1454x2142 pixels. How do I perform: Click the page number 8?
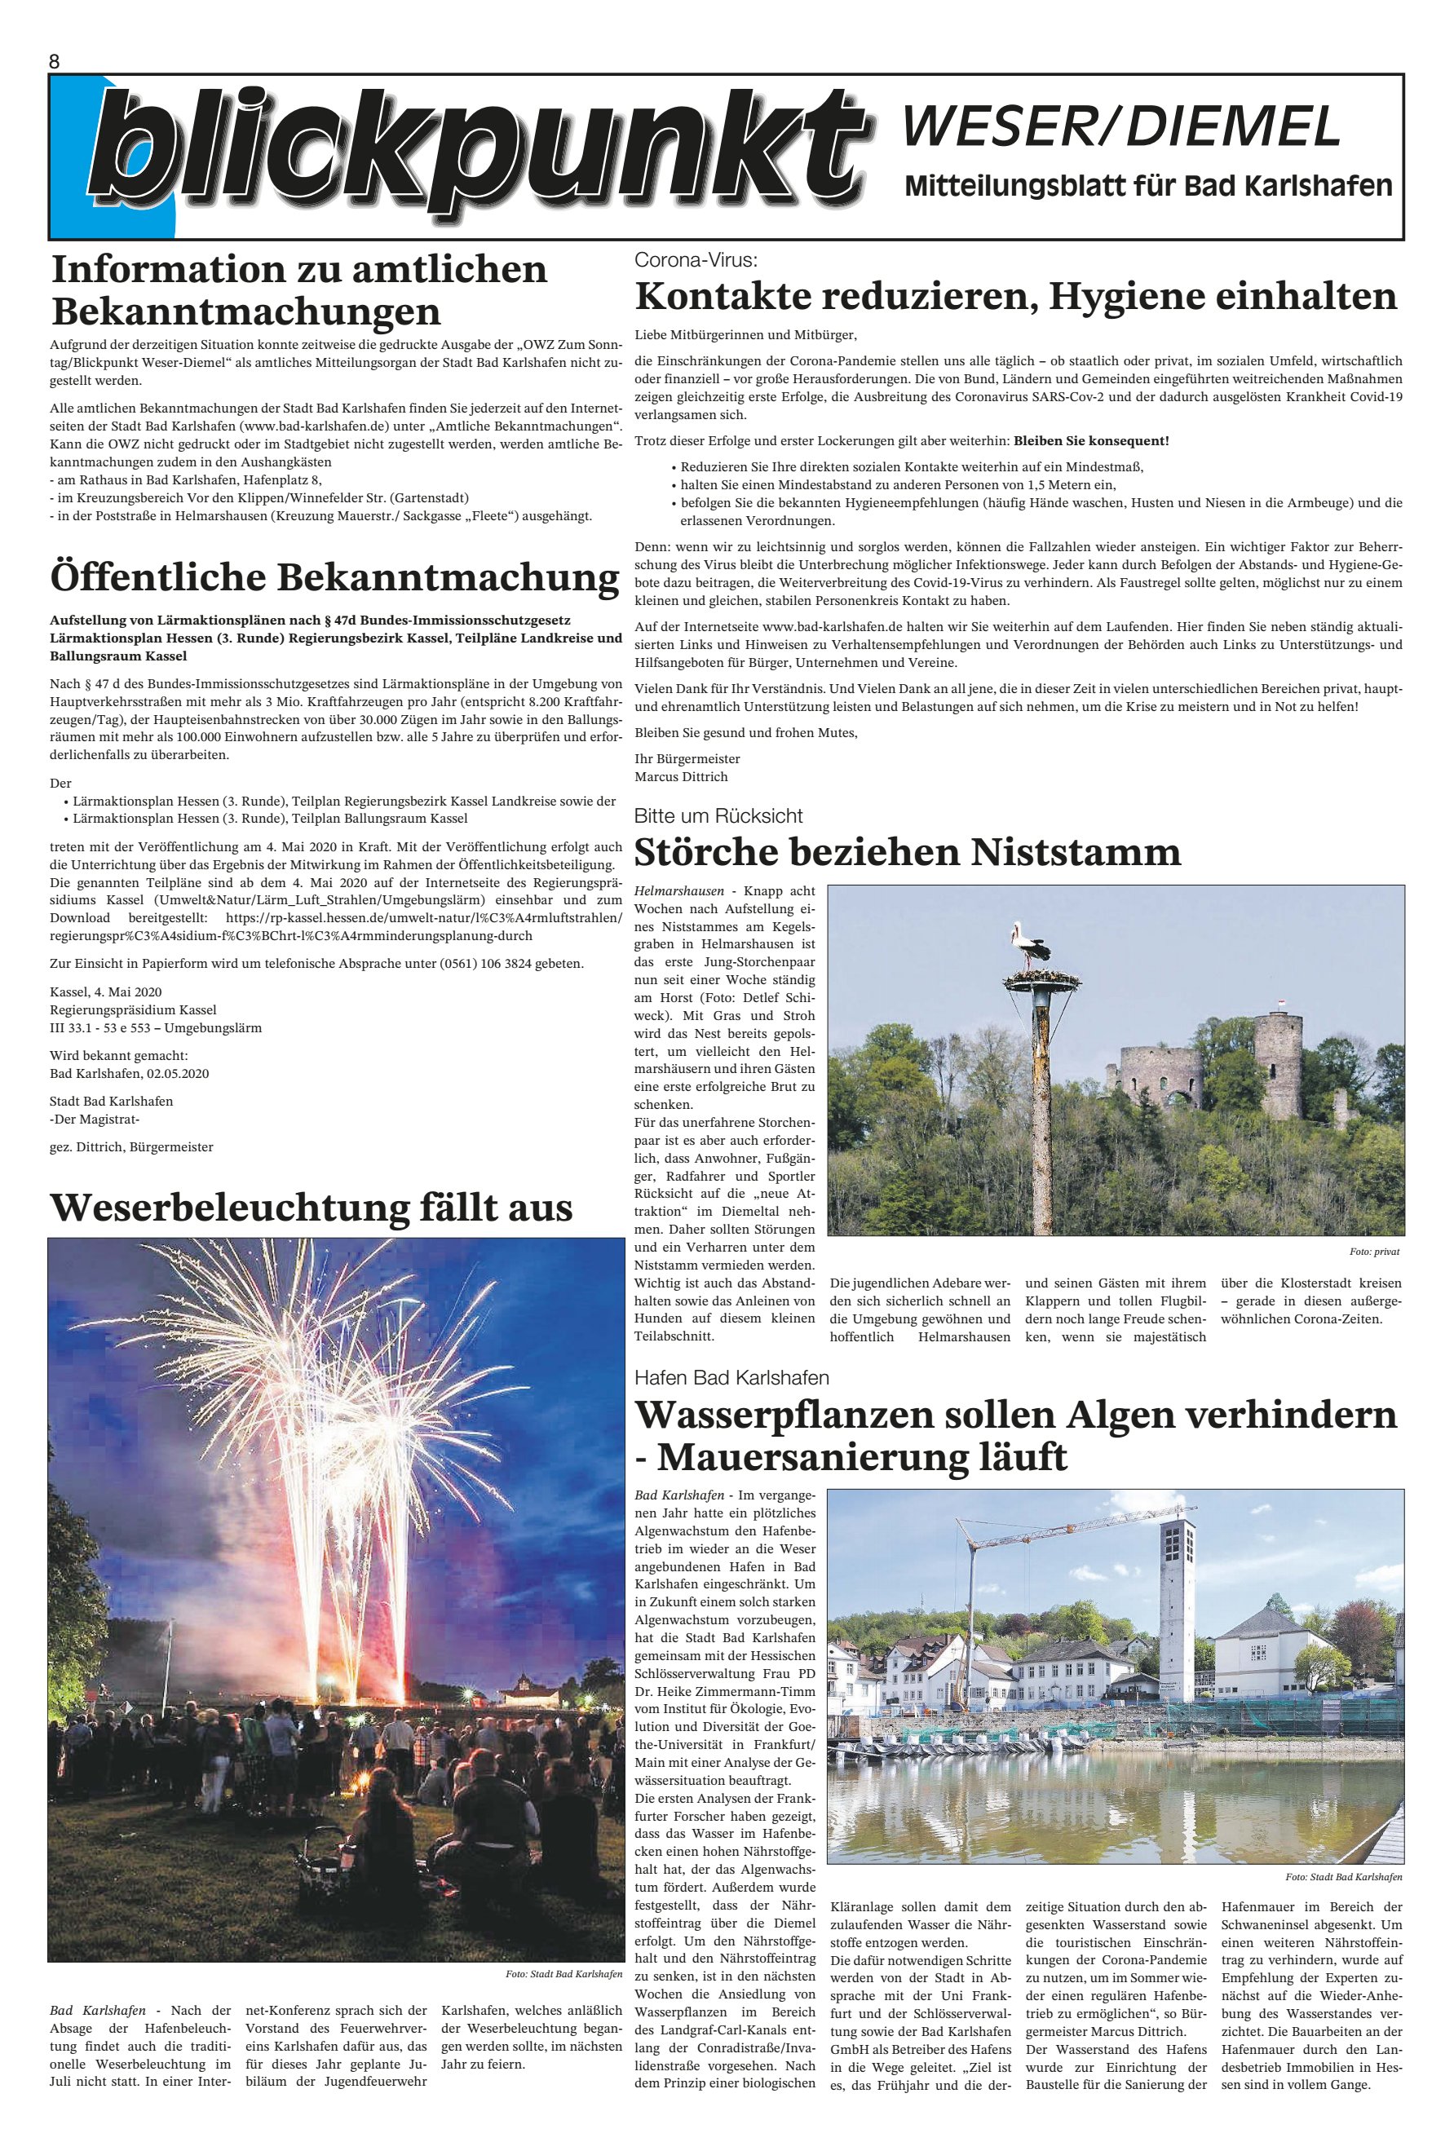pyautogui.click(x=55, y=62)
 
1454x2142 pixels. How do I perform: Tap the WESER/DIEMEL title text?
pyautogui.click(x=1120, y=126)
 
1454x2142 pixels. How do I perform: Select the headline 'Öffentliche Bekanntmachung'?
pyautogui.click(x=334, y=577)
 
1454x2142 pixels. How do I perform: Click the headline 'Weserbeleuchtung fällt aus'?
pyautogui.click(x=312, y=1207)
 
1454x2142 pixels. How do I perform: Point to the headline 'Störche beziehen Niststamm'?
pyautogui.click(x=908, y=851)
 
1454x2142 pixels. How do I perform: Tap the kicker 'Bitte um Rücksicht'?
pyautogui.click(x=718, y=815)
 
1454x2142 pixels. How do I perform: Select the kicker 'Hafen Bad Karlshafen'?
pyautogui.click(x=731, y=1378)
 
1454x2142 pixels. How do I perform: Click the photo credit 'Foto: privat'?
pyautogui.click(x=1374, y=1252)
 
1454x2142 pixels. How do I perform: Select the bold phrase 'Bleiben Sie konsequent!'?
pyautogui.click(x=1092, y=441)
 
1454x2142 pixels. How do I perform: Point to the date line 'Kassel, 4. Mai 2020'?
pyautogui.click(x=106, y=992)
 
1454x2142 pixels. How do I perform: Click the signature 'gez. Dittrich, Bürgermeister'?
pyautogui.click(x=132, y=1147)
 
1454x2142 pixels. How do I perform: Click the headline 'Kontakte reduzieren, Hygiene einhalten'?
pyautogui.click(x=1016, y=297)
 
